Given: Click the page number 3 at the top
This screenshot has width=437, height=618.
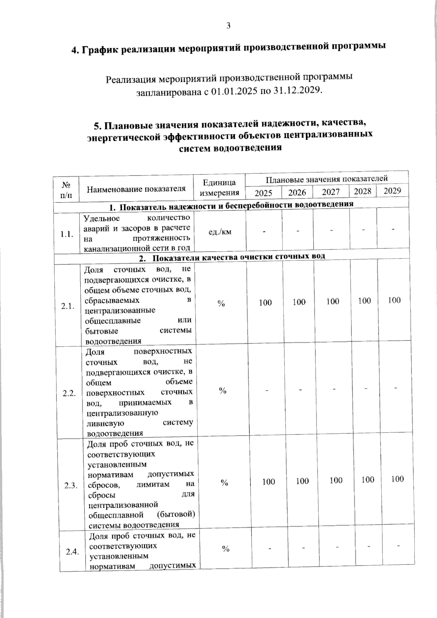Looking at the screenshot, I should (x=228, y=25).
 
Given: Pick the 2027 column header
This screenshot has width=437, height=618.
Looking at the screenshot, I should (x=331, y=192).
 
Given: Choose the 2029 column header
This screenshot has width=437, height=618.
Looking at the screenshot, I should (x=392, y=191).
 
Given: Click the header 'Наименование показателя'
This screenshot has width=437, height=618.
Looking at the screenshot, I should (x=136, y=189).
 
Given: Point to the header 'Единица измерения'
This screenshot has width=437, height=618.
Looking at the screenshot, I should (x=220, y=188).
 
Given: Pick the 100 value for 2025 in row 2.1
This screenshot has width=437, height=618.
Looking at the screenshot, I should (x=265, y=303).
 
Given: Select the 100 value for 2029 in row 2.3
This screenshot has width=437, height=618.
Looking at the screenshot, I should (x=397, y=479).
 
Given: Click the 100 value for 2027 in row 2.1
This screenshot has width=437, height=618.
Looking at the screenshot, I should (x=332, y=302).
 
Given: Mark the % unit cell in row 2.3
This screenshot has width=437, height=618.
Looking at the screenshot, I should (x=224, y=483).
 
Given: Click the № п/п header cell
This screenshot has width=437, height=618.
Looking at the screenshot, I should (x=66, y=190).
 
